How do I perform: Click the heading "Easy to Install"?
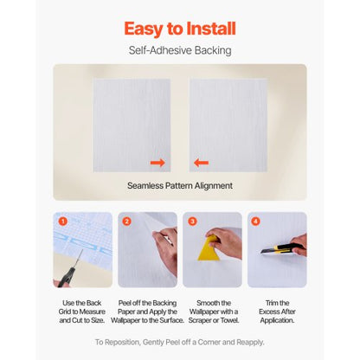pos(180,29)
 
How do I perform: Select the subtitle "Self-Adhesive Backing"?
pos(180,50)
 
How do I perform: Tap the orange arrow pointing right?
pos(157,162)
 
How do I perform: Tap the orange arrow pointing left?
pos(201,162)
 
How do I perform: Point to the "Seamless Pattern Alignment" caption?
pos(180,185)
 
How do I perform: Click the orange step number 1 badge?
pos(63,222)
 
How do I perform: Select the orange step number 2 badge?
pos(127,222)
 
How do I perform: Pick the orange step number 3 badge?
pos(192,222)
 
